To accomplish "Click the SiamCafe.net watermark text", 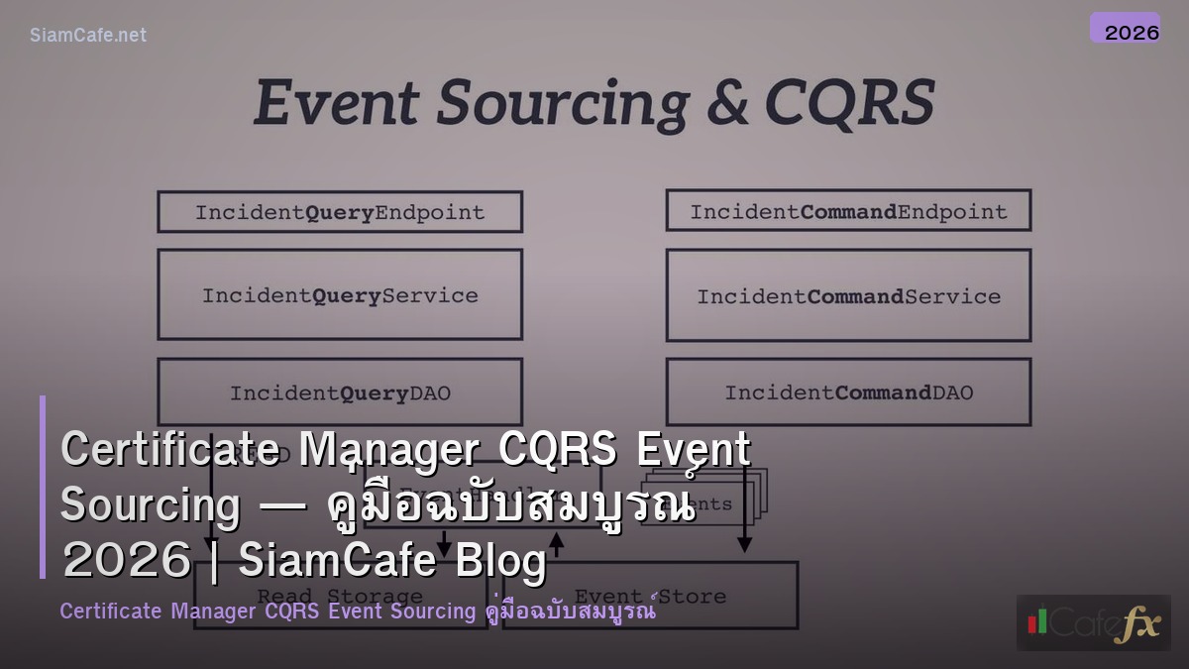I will (x=87, y=35).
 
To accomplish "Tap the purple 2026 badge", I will (x=1125, y=29).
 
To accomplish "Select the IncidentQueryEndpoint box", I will (x=340, y=212).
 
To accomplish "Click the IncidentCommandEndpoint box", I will (x=848, y=211).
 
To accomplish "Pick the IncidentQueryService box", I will (x=340, y=294).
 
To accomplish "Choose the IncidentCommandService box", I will (x=848, y=295).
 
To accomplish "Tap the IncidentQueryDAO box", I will (x=340, y=392).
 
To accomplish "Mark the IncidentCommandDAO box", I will (x=848, y=392).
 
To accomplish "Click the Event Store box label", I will (x=650, y=597).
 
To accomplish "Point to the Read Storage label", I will (x=340, y=597).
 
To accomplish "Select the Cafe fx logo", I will (x=1093, y=622).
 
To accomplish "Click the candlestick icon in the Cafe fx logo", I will (x=1037, y=620).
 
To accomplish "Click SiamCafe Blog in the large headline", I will (x=392, y=561).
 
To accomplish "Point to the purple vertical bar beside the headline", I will (x=43, y=487).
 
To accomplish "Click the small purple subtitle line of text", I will (x=357, y=611).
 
